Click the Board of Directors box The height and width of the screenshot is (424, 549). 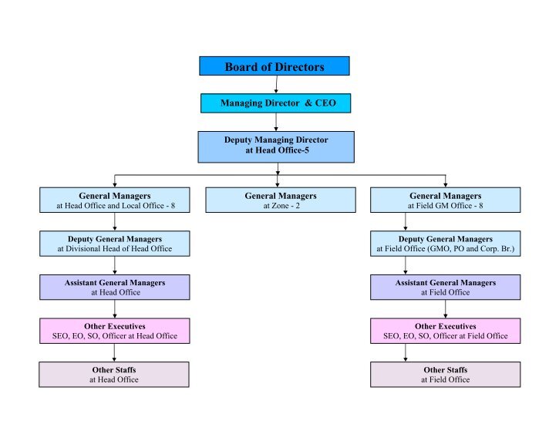point(274,66)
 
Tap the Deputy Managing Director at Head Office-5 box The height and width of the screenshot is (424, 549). point(276,146)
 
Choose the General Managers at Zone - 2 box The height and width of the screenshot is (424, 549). point(280,200)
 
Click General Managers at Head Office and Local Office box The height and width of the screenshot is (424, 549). point(114,200)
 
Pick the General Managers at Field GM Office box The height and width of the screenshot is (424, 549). point(445,200)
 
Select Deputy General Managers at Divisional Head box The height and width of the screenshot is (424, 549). point(114,244)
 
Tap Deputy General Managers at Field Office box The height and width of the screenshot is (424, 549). point(445,244)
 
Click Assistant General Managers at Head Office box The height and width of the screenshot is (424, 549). point(114,288)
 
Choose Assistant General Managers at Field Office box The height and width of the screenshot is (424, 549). point(445,288)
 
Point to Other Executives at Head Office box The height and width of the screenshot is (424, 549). point(114,331)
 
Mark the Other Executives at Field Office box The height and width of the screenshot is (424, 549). point(445,331)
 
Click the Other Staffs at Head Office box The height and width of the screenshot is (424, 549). point(114,374)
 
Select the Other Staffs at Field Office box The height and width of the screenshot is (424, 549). point(445,374)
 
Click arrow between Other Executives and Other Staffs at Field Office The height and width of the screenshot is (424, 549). point(406,352)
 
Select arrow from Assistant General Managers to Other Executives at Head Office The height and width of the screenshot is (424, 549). point(115,309)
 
